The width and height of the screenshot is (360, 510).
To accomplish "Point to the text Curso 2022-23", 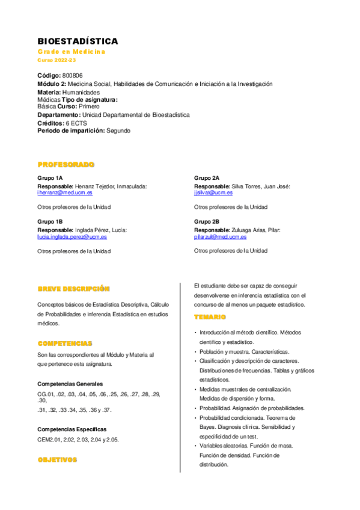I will [x=57, y=61].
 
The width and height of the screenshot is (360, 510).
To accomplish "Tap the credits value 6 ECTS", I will [x=76, y=123].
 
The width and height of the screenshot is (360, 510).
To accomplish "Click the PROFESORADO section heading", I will [x=66, y=164].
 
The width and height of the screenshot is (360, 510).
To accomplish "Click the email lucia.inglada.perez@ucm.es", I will [x=72, y=237].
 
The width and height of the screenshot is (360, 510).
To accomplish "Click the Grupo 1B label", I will [x=50, y=222].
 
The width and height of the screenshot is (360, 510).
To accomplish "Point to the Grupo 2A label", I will [x=207, y=178].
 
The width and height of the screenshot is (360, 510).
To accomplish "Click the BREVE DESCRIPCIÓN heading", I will [x=73, y=289].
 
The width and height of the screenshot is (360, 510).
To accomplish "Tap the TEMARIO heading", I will [x=210, y=317].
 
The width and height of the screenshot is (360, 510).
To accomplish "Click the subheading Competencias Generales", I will [x=70, y=384].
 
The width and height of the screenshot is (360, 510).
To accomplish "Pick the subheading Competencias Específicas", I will [x=72, y=429].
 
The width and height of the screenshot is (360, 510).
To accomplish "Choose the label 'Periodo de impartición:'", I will [x=71, y=131].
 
